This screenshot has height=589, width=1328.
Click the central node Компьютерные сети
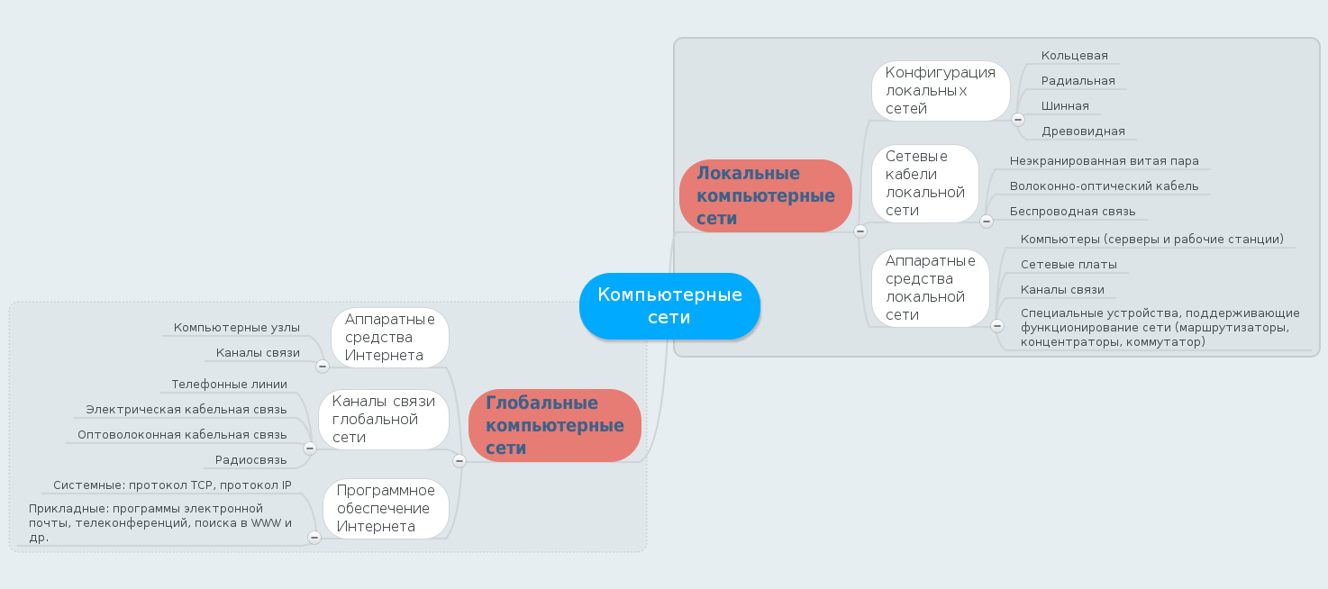pos(669,306)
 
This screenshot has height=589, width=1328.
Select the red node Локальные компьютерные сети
pos(765,195)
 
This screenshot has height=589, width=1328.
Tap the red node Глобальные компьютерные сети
pos(554,425)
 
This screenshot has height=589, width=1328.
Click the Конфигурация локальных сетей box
pos(940,91)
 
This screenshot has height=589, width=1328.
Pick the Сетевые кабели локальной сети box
pos(924,184)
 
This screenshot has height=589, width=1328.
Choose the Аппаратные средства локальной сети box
pos(930,288)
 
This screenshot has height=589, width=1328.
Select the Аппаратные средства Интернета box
pos(389,338)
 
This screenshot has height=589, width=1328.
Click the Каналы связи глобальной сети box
pos(383,420)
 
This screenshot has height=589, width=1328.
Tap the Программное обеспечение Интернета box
pos(385,509)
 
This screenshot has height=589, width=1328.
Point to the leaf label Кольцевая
pos(1074,56)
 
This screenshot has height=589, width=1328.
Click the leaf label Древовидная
pos(1083,131)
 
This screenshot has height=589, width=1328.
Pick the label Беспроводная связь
pos(1072,212)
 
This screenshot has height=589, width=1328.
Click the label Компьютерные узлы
pos(237,328)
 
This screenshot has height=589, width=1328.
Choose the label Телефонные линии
pos(230,385)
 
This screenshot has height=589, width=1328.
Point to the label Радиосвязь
pos(251,460)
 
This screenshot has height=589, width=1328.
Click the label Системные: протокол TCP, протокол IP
pos(172,485)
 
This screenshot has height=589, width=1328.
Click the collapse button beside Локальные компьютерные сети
pos(860,231)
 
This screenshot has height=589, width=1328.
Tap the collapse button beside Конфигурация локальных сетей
pos(1018,119)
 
